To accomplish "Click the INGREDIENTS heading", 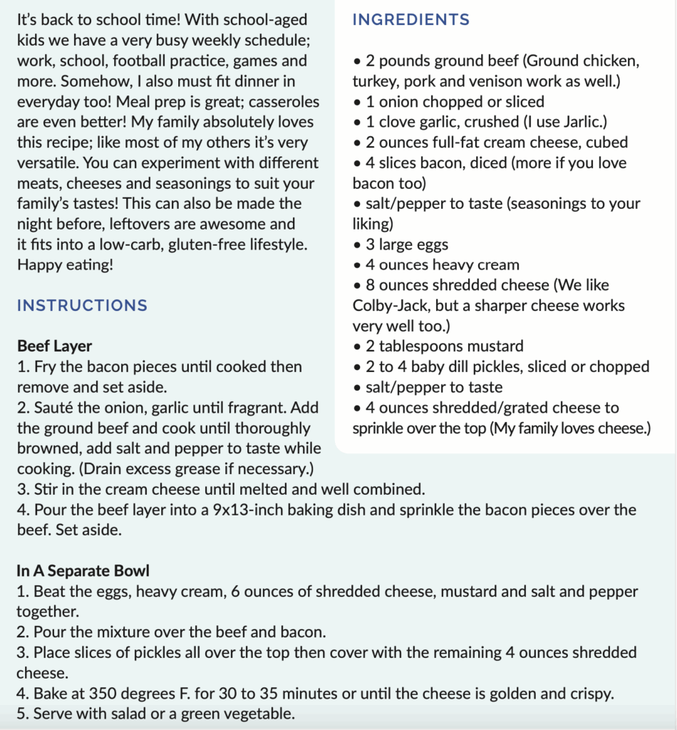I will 411,20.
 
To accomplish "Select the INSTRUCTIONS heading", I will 82,306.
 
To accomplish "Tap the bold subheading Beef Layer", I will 54,346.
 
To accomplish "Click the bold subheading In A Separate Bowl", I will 83,571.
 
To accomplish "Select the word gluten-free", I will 219,245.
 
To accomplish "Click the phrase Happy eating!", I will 64,264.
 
